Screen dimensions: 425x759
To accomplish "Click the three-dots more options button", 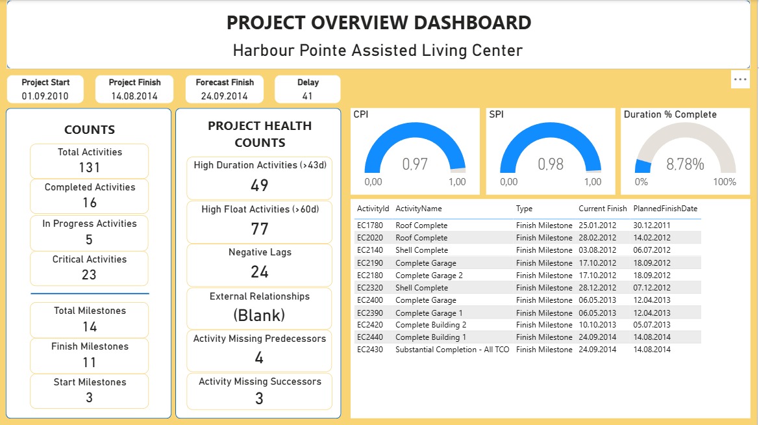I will [740, 79].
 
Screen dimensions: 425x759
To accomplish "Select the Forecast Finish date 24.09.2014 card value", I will [225, 96].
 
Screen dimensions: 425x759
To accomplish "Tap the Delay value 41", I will [308, 96].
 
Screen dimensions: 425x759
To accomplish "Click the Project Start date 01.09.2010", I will [45, 96].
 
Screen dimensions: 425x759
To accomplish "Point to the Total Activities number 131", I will [90, 168].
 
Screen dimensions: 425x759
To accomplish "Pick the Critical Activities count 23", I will [90, 275].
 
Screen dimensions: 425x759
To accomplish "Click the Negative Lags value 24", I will [260, 272].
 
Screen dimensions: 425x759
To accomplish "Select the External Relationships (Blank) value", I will [260, 316].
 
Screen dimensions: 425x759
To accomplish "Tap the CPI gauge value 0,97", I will [415, 164].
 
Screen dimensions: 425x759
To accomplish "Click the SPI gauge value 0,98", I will [551, 164].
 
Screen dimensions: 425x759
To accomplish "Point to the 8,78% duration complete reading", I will [685, 164].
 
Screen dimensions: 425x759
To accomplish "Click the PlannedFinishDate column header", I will [665, 209].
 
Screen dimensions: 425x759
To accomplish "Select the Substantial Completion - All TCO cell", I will [453, 350].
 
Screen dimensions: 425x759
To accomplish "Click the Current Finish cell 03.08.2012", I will [598, 250].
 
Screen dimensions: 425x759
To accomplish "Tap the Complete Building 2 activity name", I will [430, 325].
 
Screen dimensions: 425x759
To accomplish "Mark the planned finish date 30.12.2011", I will [652, 225].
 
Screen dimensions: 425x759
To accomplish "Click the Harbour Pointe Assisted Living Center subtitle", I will [378, 51].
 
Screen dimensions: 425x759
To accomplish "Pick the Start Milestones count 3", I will [90, 398].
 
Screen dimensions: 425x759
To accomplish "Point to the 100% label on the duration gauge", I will [725, 182].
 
